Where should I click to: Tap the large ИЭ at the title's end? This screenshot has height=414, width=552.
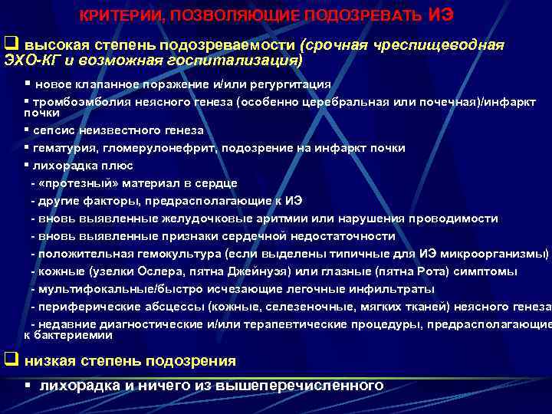click(x=440, y=14)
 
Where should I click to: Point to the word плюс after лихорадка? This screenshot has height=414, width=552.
click(x=118, y=165)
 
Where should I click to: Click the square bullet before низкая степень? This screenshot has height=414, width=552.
click(x=11, y=360)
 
